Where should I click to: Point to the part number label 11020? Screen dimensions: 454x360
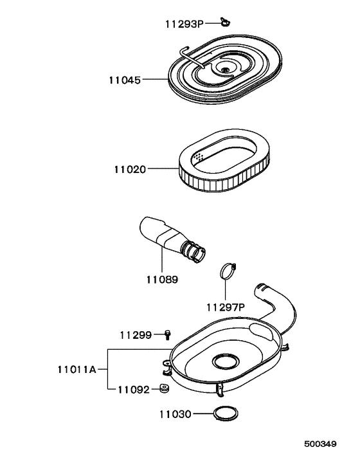coord(130,169)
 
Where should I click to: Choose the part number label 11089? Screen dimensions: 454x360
coord(161,280)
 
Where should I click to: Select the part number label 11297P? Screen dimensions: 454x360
coord(226,306)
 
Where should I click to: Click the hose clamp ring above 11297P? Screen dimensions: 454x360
coord(226,271)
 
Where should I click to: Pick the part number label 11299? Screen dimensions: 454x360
coord(136,334)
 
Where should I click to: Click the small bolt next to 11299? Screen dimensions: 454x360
coord(168,333)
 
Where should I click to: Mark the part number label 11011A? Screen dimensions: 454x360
coord(76,369)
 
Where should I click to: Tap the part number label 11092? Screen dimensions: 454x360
coord(134,390)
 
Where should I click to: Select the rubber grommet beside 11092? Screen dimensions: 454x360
coord(164,388)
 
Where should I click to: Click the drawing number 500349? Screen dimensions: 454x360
coord(319,444)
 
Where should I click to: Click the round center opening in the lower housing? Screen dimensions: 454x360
coord(226,361)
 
